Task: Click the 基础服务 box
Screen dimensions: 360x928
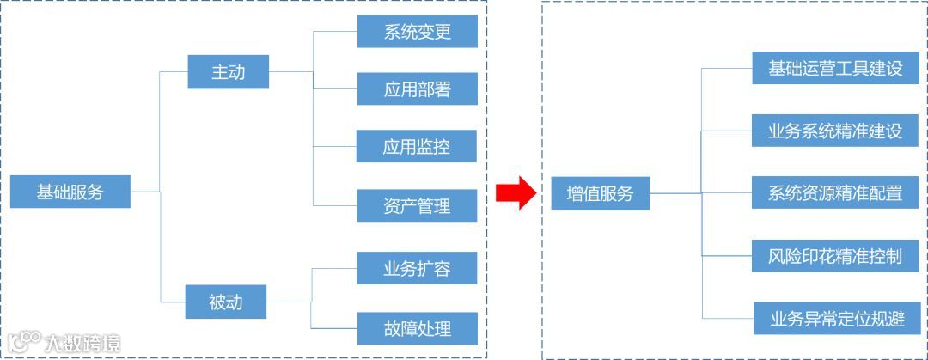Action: tap(70, 192)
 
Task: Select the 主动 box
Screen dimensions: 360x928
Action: tap(228, 72)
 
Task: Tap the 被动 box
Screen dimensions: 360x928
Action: tap(226, 302)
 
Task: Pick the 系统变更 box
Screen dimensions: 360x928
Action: tap(417, 32)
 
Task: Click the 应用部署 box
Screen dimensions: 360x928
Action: tap(417, 88)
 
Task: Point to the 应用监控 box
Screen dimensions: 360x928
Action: tap(416, 146)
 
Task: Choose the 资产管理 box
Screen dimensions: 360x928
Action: tap(417, 206)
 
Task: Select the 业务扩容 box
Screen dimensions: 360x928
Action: tap(417, 268)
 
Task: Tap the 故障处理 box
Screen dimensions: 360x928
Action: tap(417, 327)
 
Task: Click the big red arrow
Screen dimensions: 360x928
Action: tap(516, 192)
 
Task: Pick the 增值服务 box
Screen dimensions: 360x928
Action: tap(600, 194)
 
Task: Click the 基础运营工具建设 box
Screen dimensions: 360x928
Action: tap(835, 68)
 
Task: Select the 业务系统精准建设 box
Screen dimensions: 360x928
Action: tap(835, 131)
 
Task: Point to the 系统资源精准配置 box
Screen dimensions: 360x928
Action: tap(835, 193)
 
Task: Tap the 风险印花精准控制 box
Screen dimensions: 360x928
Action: tap(835, 256)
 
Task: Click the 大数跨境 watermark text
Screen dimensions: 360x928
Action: tap(83, 343)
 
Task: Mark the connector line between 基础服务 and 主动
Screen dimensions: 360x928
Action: tap(161, 129)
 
